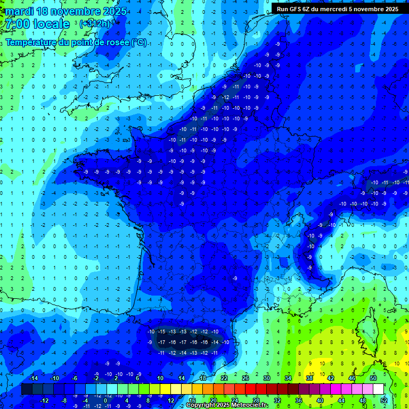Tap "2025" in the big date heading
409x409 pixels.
(113, 11)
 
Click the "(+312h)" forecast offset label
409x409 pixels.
(95, 24)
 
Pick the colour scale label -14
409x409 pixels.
(33, 378)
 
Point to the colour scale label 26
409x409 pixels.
(246, 378)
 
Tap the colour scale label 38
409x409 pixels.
(309, 378)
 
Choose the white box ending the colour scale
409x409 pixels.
(379, 389)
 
